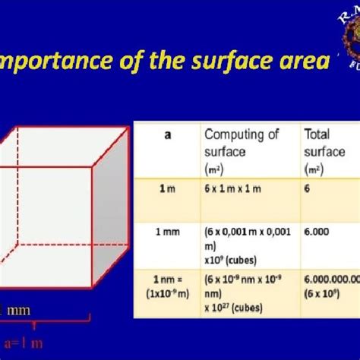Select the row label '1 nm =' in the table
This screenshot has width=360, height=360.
coord(163,279)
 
